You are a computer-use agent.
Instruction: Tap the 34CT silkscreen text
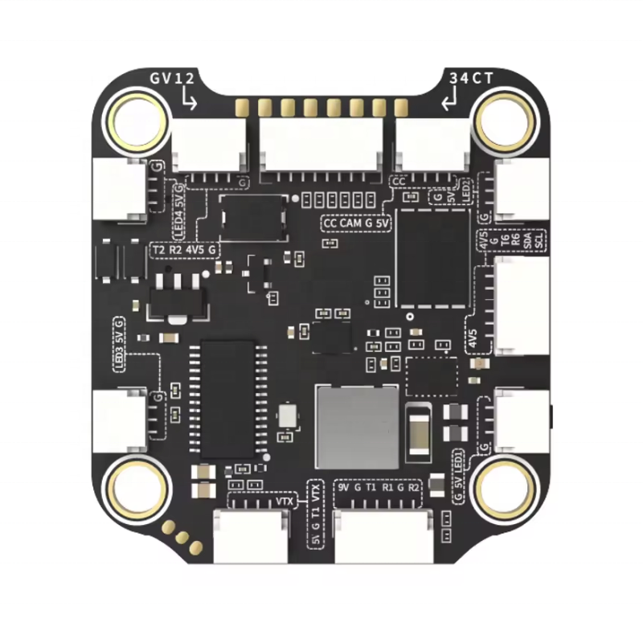pos(471,79)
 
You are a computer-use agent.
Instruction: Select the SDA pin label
pos(527,240)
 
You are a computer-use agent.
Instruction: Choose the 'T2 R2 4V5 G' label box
pos(184,251)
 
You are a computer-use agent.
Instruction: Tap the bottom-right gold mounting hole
pos(504,487)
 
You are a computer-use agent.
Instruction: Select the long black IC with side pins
pos(227,398)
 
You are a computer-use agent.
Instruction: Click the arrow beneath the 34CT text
pos(451,100)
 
